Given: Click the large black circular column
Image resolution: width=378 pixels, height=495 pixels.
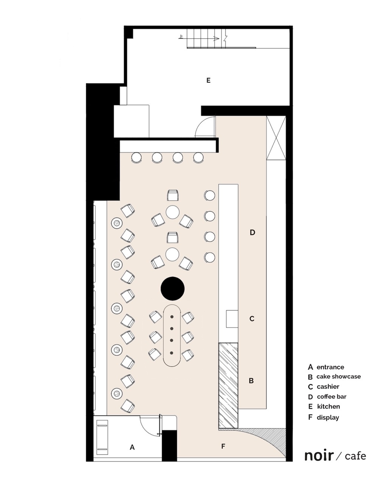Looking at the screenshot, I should [172, 289].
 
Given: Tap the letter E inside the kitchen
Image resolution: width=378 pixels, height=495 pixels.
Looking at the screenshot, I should [208, 81].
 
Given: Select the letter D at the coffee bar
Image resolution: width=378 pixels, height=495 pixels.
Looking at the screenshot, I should [253, 233].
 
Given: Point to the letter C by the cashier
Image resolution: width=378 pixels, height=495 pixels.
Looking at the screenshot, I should [252, 319].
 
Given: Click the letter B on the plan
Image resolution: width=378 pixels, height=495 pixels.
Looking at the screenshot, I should [251, 381].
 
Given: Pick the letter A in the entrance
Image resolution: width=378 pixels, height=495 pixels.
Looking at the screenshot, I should [132, 447].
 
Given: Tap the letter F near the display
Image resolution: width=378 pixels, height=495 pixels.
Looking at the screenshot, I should [223, 447].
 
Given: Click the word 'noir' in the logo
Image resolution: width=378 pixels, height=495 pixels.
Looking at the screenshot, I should [319, 455].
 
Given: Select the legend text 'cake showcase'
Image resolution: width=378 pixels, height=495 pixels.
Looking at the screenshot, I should [338, 377].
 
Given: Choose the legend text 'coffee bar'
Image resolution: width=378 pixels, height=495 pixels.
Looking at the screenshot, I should [332, 397].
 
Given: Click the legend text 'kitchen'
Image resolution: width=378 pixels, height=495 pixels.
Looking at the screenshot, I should [328, 407].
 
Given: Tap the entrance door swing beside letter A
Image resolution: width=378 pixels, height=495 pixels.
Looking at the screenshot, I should [150, 425].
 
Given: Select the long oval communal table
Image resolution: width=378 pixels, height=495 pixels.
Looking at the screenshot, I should [172, 335].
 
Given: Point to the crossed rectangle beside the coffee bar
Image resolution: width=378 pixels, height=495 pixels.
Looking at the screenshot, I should [276, 138].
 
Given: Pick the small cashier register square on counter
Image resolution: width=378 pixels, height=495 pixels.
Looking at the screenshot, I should [232, 319].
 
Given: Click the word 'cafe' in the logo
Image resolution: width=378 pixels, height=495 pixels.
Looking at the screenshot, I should [355, 456].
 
